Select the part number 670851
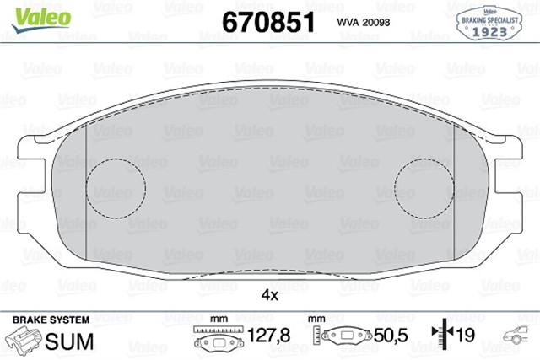[x=267, y=21]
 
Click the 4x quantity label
[x=269, y=295]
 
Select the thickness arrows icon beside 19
[x=440, y=336]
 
